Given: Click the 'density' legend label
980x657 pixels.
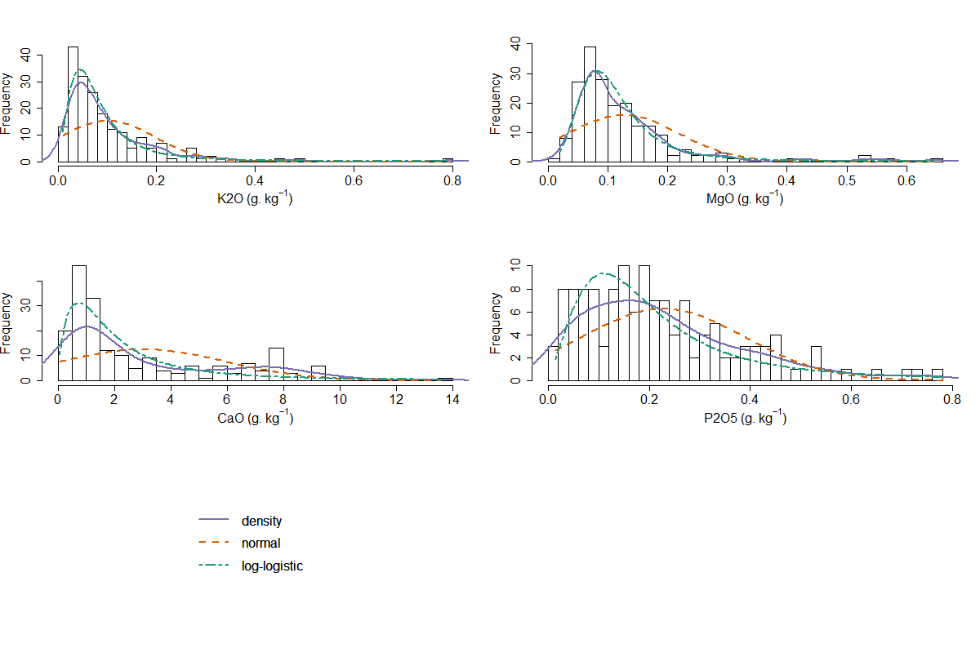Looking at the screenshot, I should [x=261, y=521].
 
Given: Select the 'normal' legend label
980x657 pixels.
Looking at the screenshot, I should [x=261, y=544].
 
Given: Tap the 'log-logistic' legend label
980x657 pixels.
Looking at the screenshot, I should [x=272, y=566].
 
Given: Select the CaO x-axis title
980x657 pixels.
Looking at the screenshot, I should [x=256, y=418].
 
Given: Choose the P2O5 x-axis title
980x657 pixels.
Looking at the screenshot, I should [x=746, y=418].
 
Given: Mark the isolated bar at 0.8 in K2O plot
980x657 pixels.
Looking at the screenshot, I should [x=448, y=160].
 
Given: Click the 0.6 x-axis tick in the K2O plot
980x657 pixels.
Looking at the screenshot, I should [x=354, y=179].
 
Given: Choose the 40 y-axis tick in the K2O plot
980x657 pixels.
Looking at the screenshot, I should [x=27, y=55].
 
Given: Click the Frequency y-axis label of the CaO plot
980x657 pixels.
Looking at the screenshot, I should [x=7, y=323].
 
